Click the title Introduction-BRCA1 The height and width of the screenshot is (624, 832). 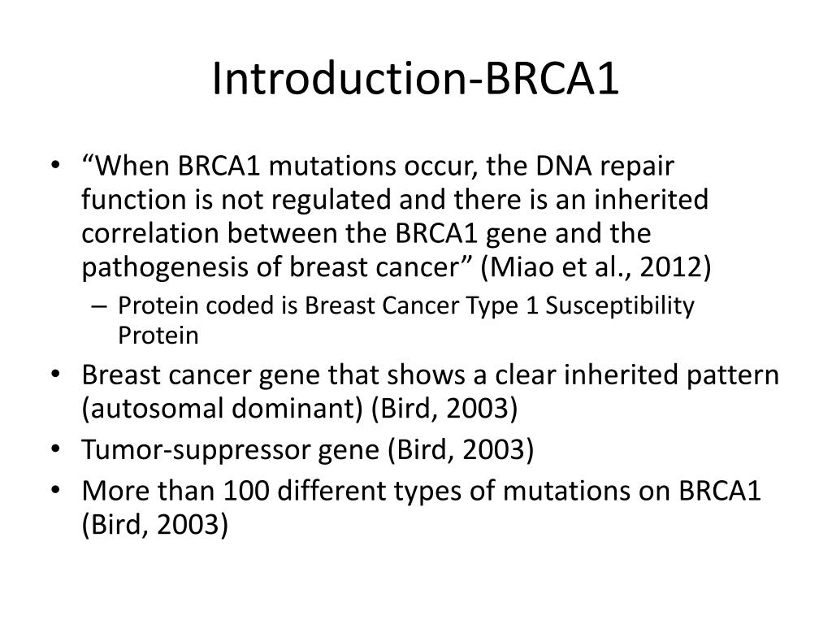coord(415,79)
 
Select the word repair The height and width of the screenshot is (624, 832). coord(664,167)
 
